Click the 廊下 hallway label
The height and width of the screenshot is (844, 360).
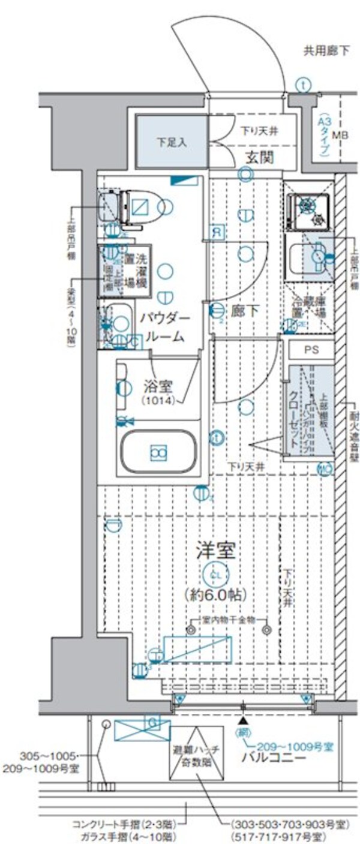pos(244,310)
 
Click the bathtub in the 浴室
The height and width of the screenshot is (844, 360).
pos(158,452)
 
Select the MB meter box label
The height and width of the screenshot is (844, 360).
pos(340,136)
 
